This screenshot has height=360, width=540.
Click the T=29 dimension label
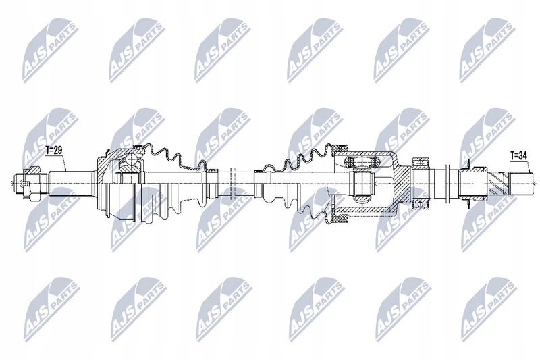[55, 149]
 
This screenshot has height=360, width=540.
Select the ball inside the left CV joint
[127, 163]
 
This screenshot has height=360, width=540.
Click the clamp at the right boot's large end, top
[339, 149]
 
